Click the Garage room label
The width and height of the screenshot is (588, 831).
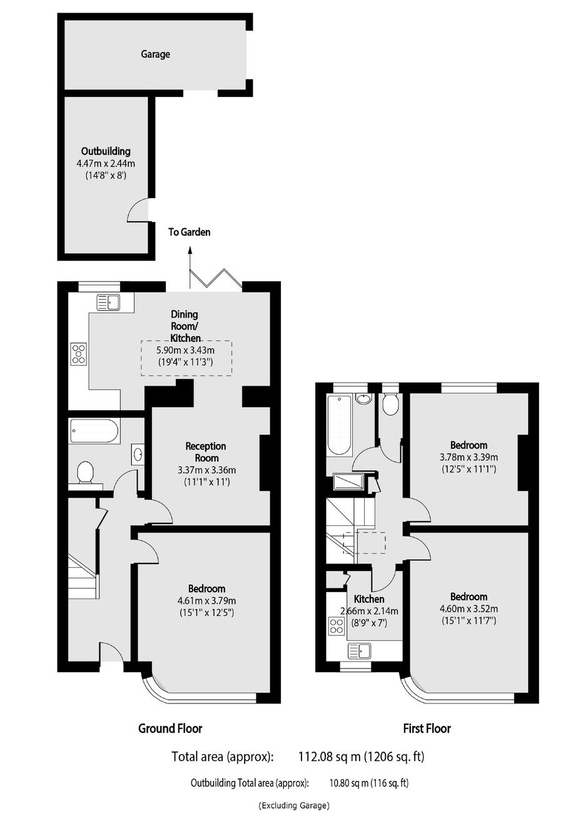point(155,54)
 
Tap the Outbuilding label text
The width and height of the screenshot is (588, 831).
point(106,151)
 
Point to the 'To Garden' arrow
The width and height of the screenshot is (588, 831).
point(190,267)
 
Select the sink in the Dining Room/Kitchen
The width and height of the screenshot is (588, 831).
point(108,302)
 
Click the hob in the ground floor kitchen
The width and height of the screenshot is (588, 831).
point(79,354)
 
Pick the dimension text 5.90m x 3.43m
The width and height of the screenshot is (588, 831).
point(186,350)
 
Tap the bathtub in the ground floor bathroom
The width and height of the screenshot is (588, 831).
point(94,431)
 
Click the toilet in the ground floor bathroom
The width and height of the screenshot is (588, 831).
point(85,473)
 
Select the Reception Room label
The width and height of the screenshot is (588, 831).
point(206,452)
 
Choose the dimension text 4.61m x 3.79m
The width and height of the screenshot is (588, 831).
point(207,600)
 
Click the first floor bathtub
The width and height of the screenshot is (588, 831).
point(338,425)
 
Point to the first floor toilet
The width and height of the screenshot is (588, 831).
point(390,404)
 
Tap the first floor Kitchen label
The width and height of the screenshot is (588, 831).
point(369,599)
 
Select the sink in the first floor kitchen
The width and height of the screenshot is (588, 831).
point(359,650)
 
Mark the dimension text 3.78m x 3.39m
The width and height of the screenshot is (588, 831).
point(469,456)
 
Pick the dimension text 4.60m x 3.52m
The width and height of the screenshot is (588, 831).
point(469,608)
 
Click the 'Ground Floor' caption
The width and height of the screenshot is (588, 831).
point(170,728)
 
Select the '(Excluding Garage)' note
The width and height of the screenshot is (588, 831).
point(294,802)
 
